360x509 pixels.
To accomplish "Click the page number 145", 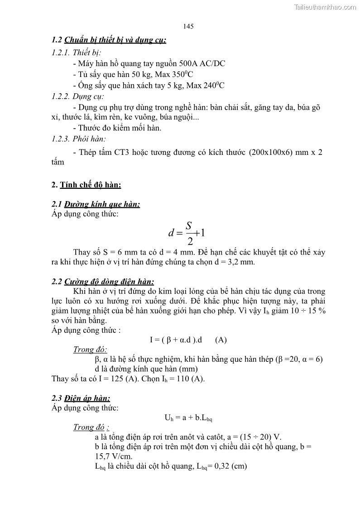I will [x=189, y=26].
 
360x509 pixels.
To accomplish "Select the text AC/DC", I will [x=213, y=63].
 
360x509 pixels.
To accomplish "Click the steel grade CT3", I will [x=125, y=152].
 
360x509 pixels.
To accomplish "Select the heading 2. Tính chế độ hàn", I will [x=86, y=185].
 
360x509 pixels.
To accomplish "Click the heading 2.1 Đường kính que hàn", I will [x=96, y=204].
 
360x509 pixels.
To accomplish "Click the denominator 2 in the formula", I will [x=190, y=241].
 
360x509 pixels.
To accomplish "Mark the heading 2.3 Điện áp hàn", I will [x=81, y=399].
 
